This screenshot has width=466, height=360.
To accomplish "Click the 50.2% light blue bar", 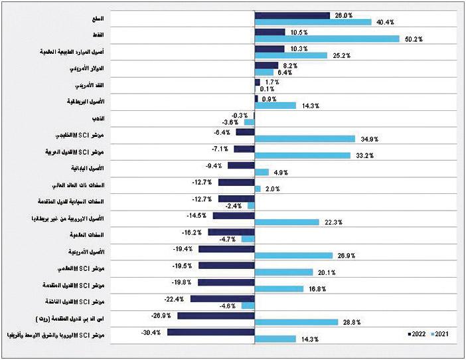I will tap(327, 39).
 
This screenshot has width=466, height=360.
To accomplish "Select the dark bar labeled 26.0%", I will tap(292, 15).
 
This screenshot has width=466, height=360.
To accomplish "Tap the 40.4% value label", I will tap(386, 23).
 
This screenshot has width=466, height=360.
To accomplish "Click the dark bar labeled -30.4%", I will tap(211, 331).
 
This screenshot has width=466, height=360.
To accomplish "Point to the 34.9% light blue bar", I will tap(305, 139).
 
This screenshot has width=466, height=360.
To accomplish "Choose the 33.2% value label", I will tap(365, 156).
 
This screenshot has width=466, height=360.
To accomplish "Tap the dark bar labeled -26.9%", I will tap(216, 315).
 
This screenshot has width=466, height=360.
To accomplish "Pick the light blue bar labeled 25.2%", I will tap(291, 56).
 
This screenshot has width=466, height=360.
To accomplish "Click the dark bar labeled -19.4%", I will tap(226, 248).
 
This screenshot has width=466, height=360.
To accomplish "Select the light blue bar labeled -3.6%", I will tap(250, 122).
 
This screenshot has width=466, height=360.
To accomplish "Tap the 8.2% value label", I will tap(289, 66).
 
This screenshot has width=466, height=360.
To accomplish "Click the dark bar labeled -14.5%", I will tap(234, 215).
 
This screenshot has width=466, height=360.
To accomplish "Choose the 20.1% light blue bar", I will tap(283, 272).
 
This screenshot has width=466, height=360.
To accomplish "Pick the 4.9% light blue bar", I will tap(262, 173).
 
